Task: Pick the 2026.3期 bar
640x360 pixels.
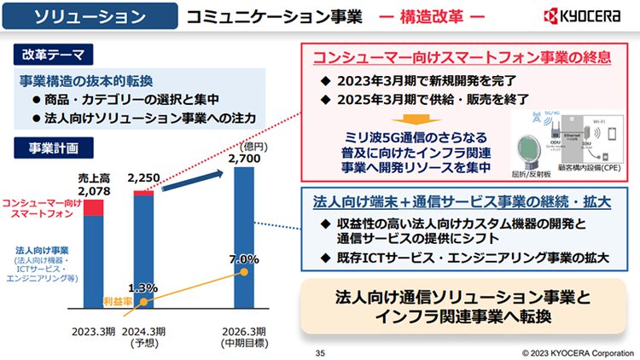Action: click(244, 239)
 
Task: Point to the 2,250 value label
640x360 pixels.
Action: click(143, 178)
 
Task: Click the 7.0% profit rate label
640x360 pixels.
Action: click(244, 258)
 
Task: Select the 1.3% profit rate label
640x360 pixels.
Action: click(143, 287)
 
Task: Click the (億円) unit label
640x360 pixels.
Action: click(253, 144)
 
